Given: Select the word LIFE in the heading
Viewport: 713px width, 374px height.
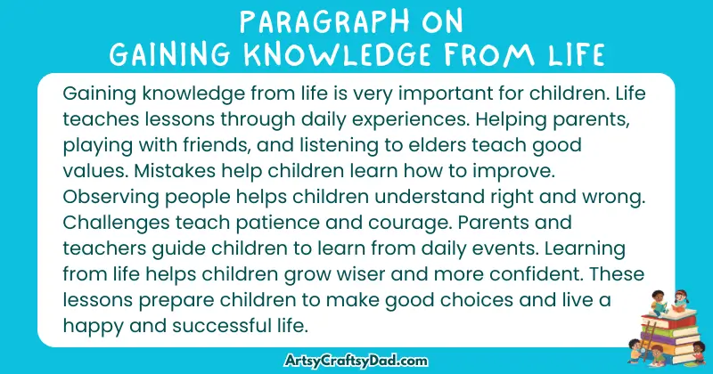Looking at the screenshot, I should (x=572, y=56).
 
